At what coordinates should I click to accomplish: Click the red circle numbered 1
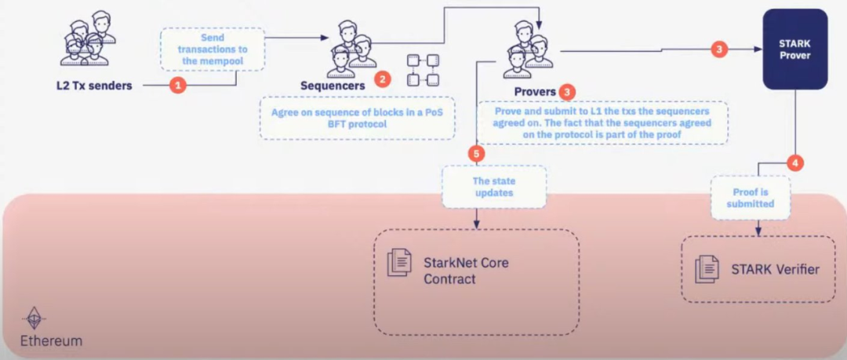178,85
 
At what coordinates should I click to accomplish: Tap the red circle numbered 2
382,79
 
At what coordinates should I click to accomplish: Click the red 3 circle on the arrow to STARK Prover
719,49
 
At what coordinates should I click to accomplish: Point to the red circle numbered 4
795,164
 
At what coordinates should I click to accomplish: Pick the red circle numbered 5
476,153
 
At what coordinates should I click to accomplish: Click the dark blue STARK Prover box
796,49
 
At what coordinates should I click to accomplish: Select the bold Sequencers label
333,85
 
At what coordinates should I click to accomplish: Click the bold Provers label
535,92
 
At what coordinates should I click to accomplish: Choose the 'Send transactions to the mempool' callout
213,49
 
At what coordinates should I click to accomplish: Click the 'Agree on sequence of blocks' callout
358,118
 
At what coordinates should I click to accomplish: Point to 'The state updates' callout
493,186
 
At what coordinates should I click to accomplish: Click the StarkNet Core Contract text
466,271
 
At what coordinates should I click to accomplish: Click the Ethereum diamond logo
33,320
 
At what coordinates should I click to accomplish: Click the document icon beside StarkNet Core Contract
400,262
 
